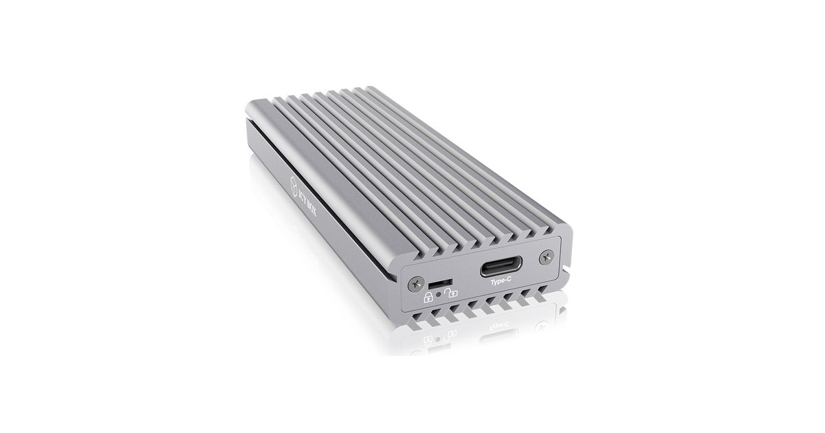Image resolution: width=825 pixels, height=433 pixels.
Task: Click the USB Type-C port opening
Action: (x=501, y=266)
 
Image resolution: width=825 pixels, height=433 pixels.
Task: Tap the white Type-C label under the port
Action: (x=501, y=282)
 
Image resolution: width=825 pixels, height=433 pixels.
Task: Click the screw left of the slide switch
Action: (x=416, y=285)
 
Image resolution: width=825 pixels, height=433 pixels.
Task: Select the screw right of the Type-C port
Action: (x=546, y=257)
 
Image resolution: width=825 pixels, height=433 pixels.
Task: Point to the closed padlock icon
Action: (x=428, y=297)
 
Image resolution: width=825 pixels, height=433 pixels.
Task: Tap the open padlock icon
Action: (x=451, y=293)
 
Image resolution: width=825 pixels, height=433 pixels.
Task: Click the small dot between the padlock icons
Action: (x=439, y=294)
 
